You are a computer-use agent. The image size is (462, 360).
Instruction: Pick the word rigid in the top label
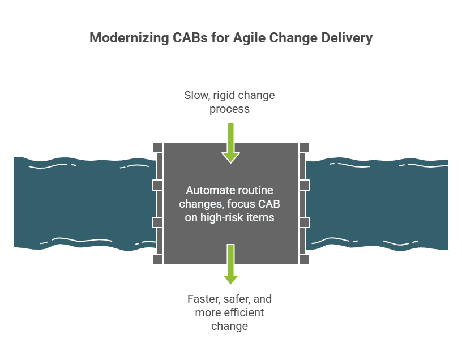(225, 95)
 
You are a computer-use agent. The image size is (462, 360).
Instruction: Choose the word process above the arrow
(229, 109)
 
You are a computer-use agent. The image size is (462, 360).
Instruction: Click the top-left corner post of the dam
(158, 148)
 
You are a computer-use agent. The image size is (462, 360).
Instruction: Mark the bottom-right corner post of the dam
(304, 259)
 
